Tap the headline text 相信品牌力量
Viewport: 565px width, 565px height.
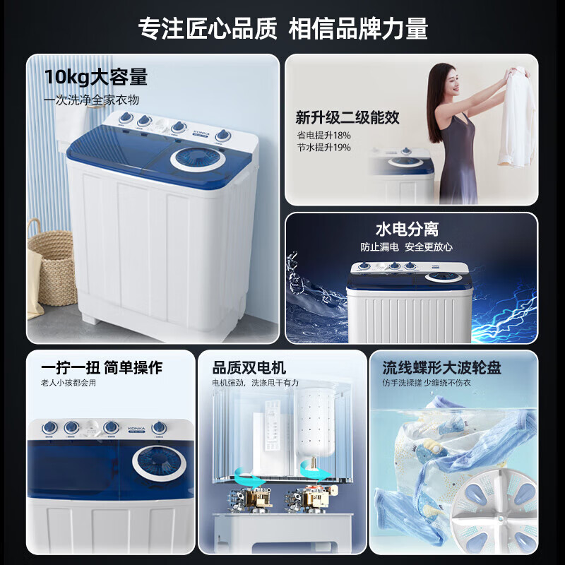coord(359,28)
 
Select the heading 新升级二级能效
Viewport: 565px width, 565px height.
coord(347,117)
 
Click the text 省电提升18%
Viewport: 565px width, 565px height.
coord(323,134)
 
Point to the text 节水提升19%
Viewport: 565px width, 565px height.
coord(323,148)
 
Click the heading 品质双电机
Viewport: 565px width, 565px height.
coord(249,367)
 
